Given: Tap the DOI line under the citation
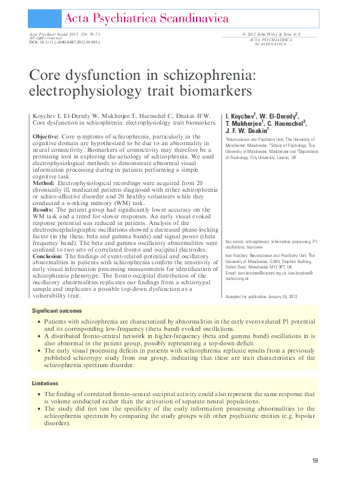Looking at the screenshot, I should point(65,43).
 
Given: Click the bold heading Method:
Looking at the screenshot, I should point(44,182).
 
